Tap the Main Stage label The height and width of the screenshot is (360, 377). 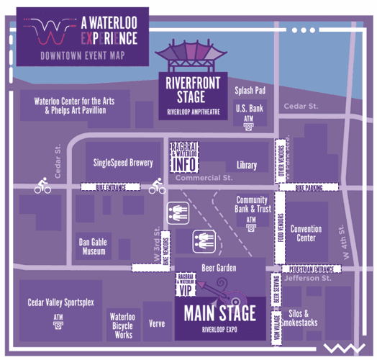point(219,315)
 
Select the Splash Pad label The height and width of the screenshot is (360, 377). point(250,91)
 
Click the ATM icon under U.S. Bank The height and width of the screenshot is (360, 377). point(248,125)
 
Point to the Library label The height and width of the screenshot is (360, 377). point(246,165)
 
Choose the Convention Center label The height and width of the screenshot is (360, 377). point(306,233)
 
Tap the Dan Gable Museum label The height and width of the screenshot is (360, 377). point(94,247)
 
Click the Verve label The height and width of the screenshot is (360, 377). point(158,323)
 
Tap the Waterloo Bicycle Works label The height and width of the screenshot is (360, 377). point(120,325)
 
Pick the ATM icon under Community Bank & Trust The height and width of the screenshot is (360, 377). point(251,227)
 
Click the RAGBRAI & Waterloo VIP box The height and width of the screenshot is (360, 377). point(186,284)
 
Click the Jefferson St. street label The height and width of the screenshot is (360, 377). point(307,277)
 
